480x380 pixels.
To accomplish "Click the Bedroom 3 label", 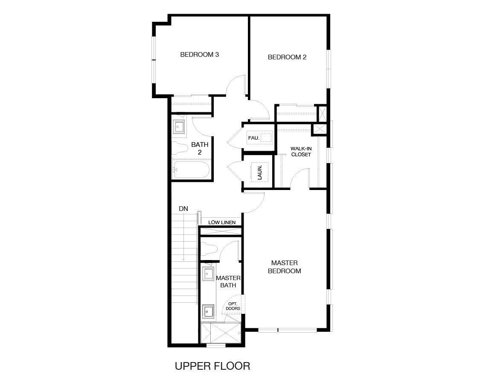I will [199, 55].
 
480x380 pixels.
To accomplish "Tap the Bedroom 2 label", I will [287, 57].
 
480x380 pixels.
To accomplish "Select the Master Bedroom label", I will [284, 267].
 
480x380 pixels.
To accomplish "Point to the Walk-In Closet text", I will [301, 152].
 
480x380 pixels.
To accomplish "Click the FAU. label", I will [253, 138].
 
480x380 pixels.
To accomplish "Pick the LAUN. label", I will [259, 172].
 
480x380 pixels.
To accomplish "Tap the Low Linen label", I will [222, 222].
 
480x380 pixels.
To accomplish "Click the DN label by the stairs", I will [183, 209].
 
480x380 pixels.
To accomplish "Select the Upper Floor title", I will [212, 366].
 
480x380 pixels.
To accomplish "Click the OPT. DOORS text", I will [233, 306].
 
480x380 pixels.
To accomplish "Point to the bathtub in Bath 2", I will [191, 170].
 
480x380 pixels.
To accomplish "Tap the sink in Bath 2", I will [179, 127].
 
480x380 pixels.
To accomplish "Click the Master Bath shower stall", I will [221, 333].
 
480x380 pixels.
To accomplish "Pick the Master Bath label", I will [228, 281].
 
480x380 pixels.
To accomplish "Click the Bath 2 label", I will [199, 149].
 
